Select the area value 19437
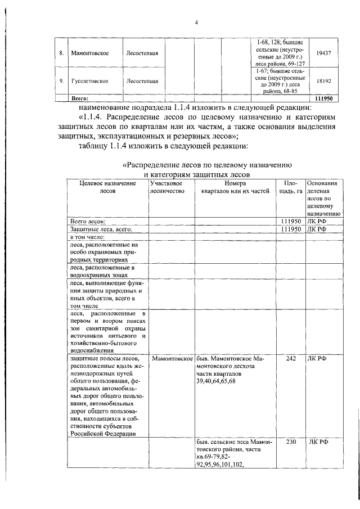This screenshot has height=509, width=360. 323,52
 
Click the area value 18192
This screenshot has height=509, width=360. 323,81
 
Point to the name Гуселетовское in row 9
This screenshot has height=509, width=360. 90,81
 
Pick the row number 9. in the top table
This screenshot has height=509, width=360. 61,81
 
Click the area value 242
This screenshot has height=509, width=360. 290,358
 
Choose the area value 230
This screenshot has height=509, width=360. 290,442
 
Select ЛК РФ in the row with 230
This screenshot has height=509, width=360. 318,442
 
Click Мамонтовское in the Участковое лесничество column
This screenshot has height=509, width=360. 172,358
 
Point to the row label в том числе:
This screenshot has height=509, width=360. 87,237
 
